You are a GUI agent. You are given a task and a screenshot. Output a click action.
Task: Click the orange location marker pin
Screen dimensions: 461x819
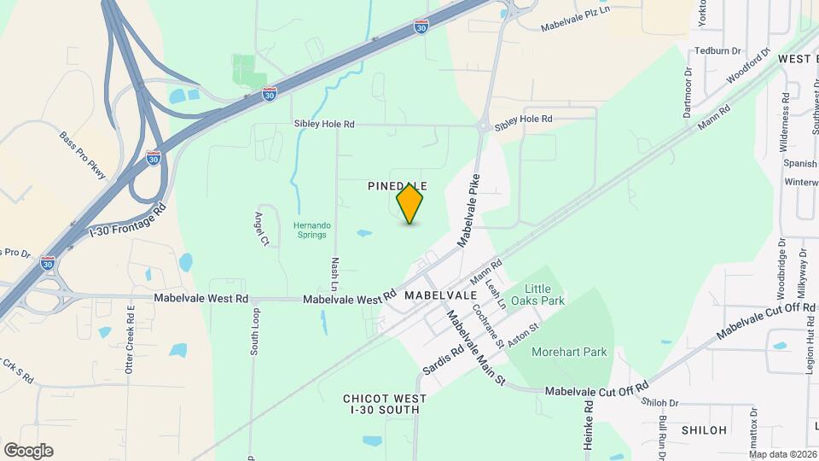pyautogui.click(x=410, y=203)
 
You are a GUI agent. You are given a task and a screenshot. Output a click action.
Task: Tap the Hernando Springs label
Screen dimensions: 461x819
pyautogui.click(x=312, y=231)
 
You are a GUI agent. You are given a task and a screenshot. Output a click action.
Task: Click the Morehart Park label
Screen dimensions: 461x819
pyautogui.click(x=568, y=352)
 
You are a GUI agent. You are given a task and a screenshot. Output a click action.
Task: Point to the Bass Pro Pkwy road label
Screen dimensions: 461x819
pyautogui.click(x=83, y=155)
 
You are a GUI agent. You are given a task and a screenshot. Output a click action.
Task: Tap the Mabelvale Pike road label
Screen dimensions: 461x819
pyautogui.click(x=469, y=210)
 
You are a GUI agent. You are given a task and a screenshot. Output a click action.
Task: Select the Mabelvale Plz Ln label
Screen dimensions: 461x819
pyautogui.click(x=577, y=20)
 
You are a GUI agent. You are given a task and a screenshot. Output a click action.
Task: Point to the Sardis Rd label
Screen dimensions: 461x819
pyautogui.click(x=443, y=359)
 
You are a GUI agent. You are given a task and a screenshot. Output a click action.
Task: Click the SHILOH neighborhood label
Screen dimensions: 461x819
pyautogui.click(x=704, y=430)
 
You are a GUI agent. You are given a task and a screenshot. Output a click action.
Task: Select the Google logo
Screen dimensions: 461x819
pyautogui.click(x=27, y=451)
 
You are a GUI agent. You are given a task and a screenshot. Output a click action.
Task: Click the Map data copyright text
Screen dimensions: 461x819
pyautogui.click(x=782, y=454)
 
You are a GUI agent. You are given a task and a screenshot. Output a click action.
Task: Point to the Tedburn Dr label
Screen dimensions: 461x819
pyautogui.click(x=717, y=50)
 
